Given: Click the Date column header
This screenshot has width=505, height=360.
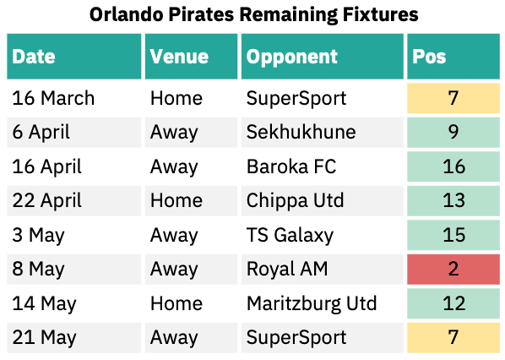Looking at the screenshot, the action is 74,57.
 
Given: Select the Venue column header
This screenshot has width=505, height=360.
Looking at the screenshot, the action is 191,57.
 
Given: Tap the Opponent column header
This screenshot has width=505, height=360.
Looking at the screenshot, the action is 323,57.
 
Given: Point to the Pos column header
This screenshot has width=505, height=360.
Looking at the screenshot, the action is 453,57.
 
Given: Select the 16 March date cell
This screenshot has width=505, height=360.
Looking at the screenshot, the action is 74,98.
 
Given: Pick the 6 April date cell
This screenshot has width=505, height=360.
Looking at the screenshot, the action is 74,132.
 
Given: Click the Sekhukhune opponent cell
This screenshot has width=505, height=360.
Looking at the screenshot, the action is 323,132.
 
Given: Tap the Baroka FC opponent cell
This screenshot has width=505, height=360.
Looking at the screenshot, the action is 323,166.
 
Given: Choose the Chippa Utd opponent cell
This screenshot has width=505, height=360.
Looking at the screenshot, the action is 323,200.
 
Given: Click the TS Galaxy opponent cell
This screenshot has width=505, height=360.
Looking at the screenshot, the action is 323,235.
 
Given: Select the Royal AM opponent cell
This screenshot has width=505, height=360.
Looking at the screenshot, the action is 323,269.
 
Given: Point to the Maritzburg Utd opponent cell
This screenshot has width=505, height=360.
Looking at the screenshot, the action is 323,303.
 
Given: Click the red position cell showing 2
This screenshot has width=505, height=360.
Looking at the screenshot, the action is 453,269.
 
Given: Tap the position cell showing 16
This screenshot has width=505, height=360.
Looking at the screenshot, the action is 453,166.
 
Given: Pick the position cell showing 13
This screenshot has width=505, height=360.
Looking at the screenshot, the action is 453,200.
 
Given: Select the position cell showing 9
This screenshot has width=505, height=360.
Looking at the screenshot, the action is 453,132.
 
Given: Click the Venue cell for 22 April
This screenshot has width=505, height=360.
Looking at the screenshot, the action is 191,200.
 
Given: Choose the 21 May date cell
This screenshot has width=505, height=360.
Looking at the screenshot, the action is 74,337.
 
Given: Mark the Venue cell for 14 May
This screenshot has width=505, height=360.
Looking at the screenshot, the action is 191,303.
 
